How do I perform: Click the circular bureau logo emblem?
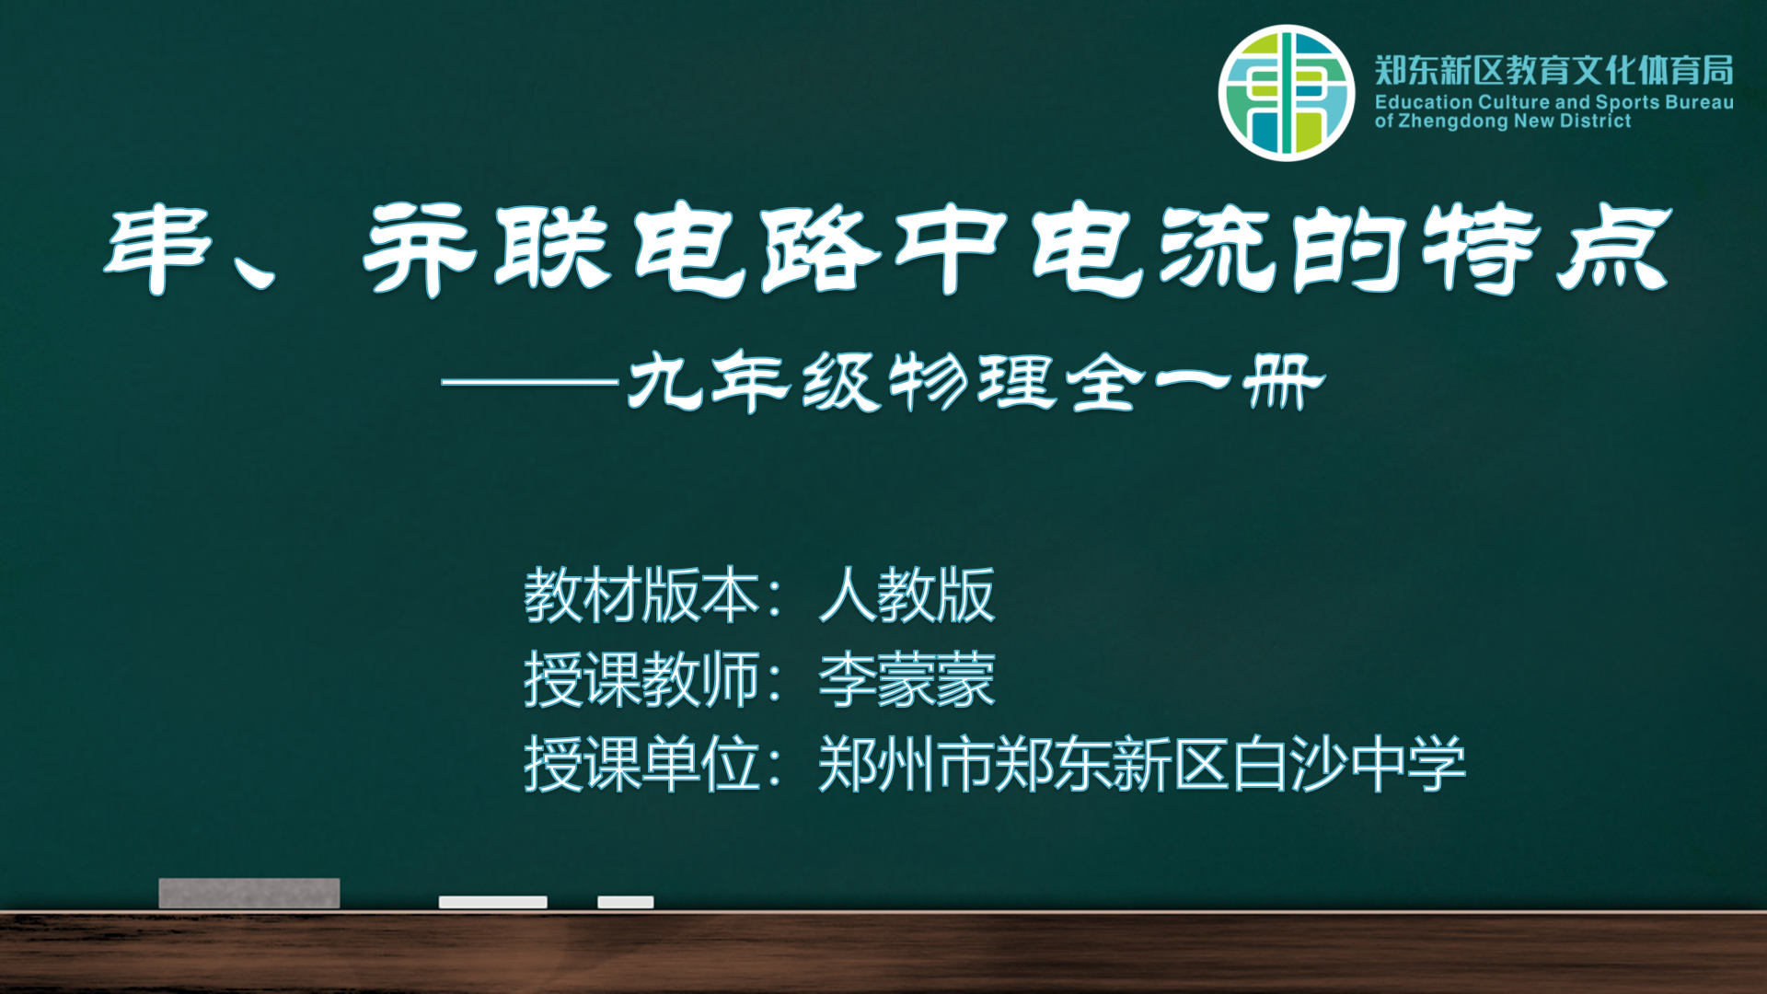pos(1287,93)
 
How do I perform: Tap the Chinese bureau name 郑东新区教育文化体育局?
pos(1554,71)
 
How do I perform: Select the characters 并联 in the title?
pos(487,249)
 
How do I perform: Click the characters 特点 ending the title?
pos(1547,249)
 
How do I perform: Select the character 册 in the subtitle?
pos(1284,381)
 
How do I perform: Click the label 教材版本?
pos(641,595)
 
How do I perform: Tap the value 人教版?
pos(907,595)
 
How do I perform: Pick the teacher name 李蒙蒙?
pos(907,680)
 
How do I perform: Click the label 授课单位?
pos(641,765)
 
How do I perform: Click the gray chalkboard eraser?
pos(249,893)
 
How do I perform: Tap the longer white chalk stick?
pos(493,902)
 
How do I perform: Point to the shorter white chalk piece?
pos(626,902)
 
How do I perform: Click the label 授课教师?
pos(641,680)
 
